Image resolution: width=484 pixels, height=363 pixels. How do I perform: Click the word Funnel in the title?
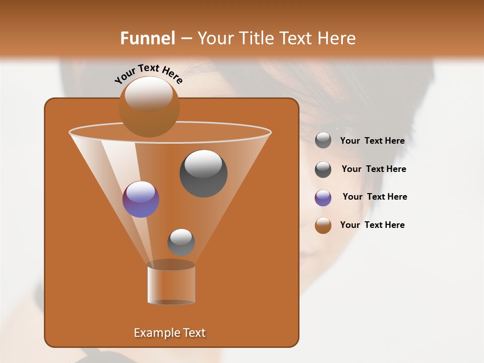[x=147, y=38]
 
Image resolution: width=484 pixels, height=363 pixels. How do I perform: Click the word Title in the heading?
[x=256, y=38]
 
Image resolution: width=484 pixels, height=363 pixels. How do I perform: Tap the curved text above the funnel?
[x=148, y=74]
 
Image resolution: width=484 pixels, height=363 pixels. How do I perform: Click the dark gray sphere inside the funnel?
[x=203, y=173]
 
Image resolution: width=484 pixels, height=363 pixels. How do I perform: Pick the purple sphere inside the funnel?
[x=141, y=199]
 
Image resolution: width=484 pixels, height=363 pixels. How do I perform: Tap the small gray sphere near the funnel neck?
[x=181, y=242]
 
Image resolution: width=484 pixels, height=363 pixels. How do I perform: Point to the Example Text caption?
[x=170, y=333]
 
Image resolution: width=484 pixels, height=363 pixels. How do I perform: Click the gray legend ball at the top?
[x=323, y=140]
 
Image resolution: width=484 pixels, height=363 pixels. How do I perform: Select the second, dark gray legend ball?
[x=323, y=169]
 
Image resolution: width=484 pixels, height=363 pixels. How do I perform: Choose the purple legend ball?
[x=323, y=198]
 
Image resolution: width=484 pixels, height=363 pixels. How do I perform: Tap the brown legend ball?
[x=323, y=225]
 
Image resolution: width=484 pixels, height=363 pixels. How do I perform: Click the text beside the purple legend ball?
[x=375, y=197]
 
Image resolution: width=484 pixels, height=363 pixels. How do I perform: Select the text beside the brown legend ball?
[x=372, y=225]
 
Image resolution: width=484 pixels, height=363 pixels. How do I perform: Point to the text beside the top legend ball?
[x=372, y=141]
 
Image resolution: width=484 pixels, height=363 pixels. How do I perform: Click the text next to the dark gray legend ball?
[x=374, y=169]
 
